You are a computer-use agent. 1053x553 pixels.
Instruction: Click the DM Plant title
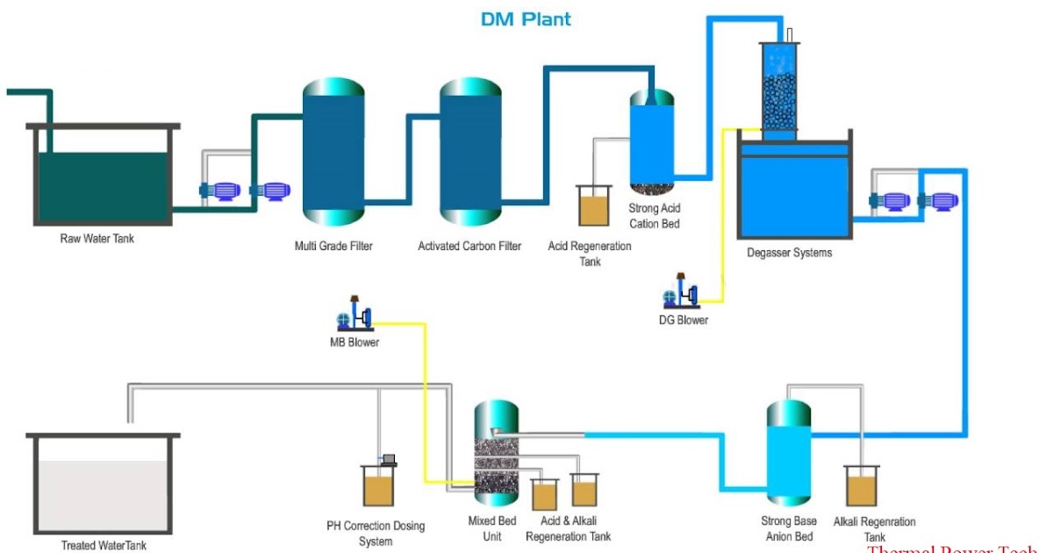pos(526,19)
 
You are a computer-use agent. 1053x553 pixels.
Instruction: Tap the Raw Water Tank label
pos(97,238)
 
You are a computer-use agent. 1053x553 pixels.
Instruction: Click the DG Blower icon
pos(682,291)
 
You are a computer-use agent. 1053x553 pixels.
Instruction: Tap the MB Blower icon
pos(355,313)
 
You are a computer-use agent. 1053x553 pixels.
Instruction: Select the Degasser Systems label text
pos(789,253)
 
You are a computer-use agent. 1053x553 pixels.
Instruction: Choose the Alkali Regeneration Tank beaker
pos(861,486)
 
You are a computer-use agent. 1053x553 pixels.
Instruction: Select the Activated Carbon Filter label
pos(469,246)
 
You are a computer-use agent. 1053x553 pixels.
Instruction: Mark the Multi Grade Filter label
pos(333,246)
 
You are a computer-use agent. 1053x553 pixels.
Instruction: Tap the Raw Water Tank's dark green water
pos(103,186)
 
